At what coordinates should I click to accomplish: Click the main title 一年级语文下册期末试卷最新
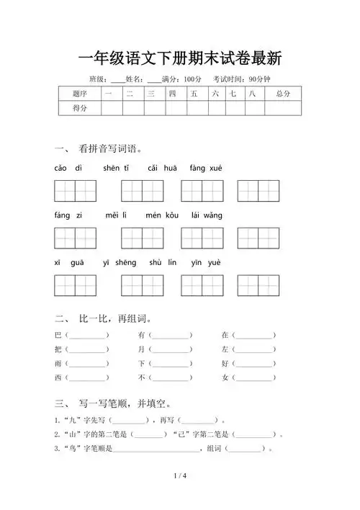(179, 58)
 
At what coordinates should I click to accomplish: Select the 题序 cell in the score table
(80, 94)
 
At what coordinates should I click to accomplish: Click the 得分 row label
(80, 108)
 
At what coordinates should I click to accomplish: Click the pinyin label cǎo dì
(68, 168)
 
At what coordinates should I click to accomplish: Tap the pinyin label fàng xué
(206, 168)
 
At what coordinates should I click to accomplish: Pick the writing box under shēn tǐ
(142, 191)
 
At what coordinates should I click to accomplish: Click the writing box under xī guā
(75, 286)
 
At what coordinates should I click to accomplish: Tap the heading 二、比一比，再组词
(103, 318)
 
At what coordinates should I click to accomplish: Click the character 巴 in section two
(58, 336)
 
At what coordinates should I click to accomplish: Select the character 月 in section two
(142, 349)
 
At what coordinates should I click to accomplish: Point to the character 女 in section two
(225, 377)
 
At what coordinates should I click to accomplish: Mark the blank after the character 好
(254, 364)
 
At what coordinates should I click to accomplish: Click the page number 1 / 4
(180, 476)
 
